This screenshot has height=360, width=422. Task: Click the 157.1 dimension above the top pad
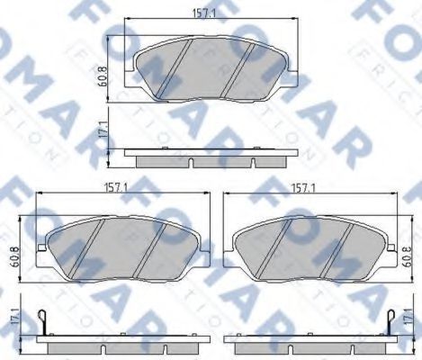tap(203, 13)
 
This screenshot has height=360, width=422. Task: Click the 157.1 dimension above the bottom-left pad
tap(116, 188)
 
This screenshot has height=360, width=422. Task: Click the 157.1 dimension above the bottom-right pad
tap(304, 188)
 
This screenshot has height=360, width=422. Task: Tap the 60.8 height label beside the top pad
tap(103, 76)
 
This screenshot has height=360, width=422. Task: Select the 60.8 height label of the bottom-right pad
tap(408, 256)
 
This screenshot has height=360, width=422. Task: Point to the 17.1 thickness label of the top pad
tap(103, 130)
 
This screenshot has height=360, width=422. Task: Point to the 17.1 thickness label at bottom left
tap(14, 316)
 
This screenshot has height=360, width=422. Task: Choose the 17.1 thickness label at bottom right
tap(407, 316)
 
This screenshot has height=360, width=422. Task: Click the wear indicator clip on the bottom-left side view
tap(42, 322)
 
